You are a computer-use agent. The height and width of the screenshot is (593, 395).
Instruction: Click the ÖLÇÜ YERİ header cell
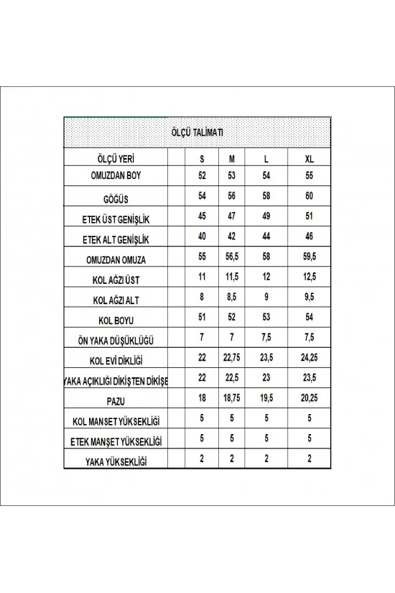pos(115,158)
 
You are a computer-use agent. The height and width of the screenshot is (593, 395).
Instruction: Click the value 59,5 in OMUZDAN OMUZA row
pos(310,255)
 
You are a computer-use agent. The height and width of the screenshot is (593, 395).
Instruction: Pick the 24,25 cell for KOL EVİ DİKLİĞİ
pos(310,357)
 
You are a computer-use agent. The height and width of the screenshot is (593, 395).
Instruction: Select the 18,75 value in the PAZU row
pos(231,397)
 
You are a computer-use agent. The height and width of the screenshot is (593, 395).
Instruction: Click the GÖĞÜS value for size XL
pos(310,195)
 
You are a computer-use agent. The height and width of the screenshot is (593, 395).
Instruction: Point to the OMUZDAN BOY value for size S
pos(201,175)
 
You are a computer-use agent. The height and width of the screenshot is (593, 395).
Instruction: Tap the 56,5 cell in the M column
pos(231,255)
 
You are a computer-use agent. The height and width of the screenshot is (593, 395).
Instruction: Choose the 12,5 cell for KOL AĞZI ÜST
pos(310,275)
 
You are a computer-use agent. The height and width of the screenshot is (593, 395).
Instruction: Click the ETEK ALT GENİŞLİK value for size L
pos(266,235)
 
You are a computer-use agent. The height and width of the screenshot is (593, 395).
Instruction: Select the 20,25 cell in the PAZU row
pos(310,397)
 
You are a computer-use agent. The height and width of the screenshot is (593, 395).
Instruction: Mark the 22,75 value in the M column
pos(231,357)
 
